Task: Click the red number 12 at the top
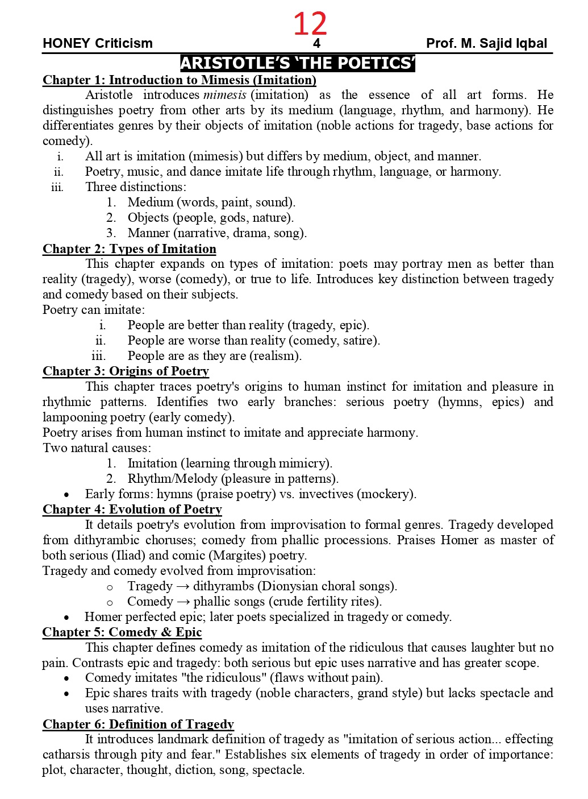click(x=310, y=24)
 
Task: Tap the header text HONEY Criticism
click(x=98, y=43)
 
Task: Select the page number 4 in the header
click(x=316, y=43)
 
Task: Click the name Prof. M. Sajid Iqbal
click(x=486, y=43)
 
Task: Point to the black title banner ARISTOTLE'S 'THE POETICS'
click(x=298, y=63)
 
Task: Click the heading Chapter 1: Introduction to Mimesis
click(x=180, y=80)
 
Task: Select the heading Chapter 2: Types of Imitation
click(x=130, y=249)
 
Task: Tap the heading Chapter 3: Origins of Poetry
click(x=126, y=371)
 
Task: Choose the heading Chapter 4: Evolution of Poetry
click(x=132, y=509)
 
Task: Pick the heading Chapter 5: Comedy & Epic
click(x=122, y=632)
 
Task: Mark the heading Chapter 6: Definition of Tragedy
click(x=138, y=724)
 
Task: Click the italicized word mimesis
click(x=224, y=95)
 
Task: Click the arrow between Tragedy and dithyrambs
click(x=182, y=586)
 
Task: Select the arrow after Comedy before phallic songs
click(x=183, y=602)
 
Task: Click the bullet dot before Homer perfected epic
click(x=67, y=618)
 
